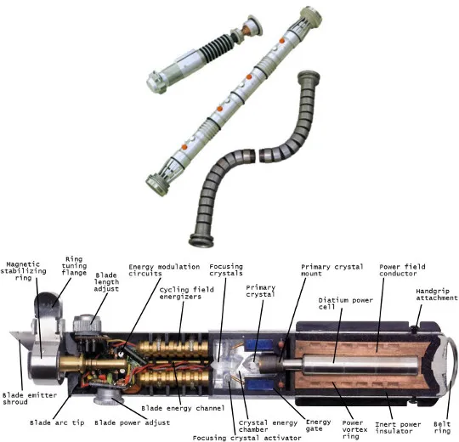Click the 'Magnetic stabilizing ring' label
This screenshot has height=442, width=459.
23,271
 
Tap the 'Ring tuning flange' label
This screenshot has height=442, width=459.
74,266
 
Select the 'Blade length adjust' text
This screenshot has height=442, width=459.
106,282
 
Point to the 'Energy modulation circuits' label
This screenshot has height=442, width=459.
164,270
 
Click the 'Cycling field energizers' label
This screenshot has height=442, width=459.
186,293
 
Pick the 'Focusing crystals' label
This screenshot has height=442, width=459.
226,270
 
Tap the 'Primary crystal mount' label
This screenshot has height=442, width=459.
332,270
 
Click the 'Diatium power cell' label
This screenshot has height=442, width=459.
345,303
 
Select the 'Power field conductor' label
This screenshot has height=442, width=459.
402,270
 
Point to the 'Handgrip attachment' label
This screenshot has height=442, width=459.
437,294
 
